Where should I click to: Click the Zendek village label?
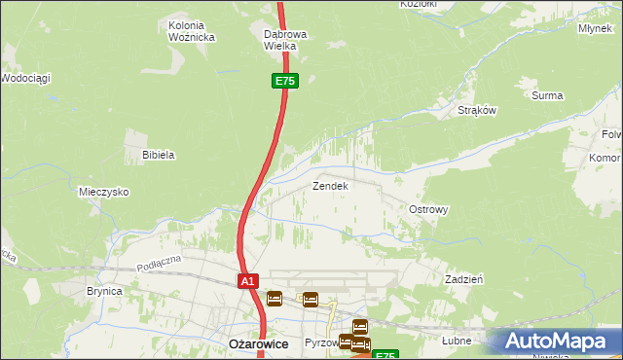click(x=329, y=185)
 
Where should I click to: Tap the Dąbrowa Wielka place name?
click(x=285, y=40)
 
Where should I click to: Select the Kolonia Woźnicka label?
click(x=192, y=31)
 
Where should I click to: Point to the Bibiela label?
click(x=158, y=155)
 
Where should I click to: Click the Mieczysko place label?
click(x=104, y=192)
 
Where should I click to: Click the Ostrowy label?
click(x=428, y=209)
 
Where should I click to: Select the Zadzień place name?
click(x=464, y=278)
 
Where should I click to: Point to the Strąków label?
click(x=477, y=110)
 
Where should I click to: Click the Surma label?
click(x=547, y=95)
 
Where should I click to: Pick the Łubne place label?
click(x=456, y=341)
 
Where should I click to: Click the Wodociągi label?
click(x=26, y=77)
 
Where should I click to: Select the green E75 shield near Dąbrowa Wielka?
click(x=284, y=82)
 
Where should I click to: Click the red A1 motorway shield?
click(x=248, y=281)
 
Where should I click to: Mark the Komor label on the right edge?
click(x=605, y=158)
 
